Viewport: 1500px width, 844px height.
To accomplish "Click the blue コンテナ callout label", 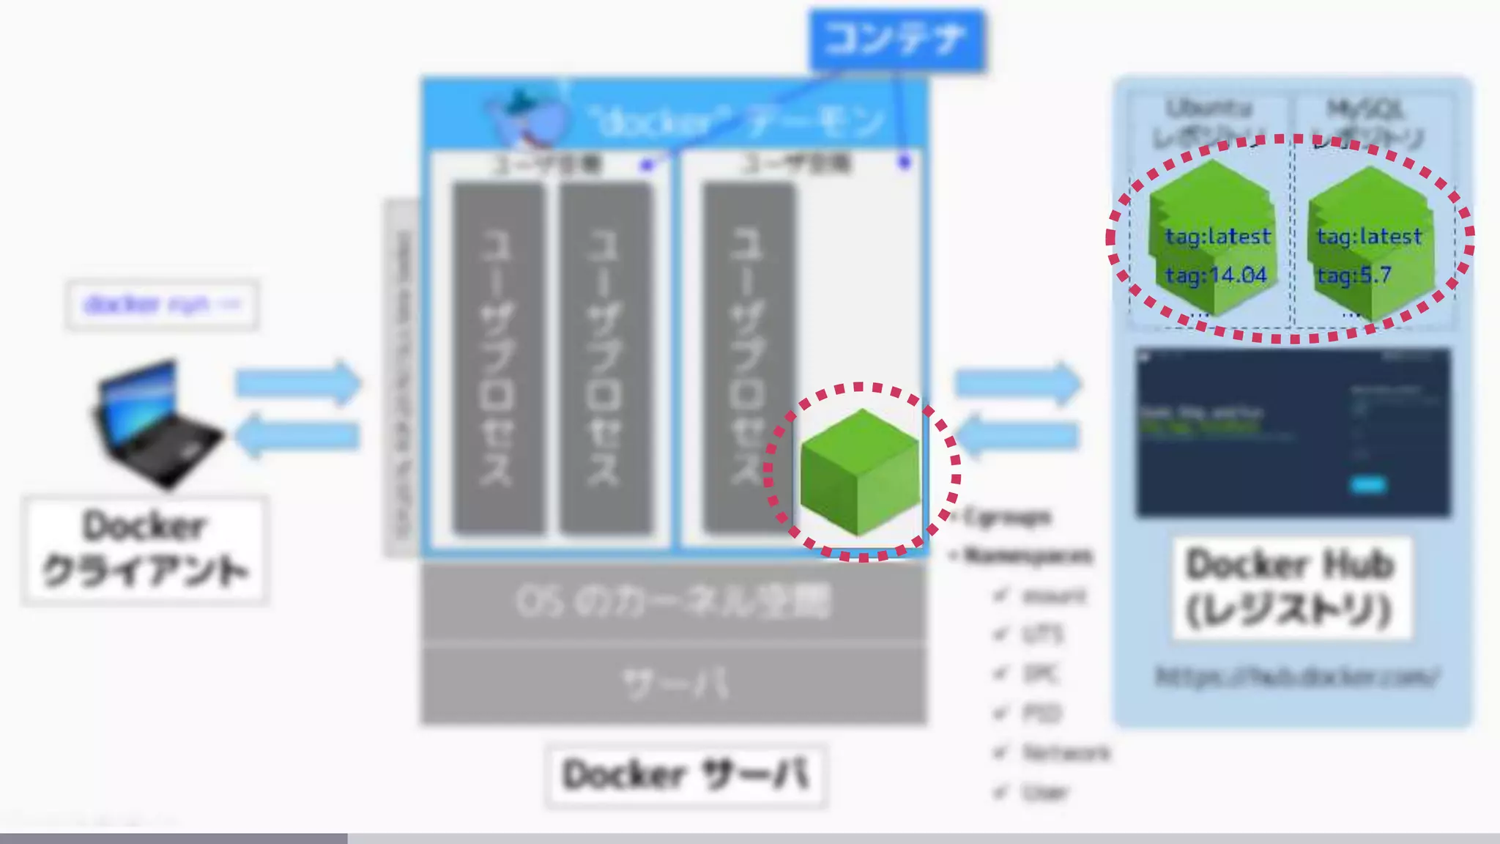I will click(x=896, y=40).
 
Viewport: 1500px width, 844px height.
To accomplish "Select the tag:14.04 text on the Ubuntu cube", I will click(x=1216, y=275).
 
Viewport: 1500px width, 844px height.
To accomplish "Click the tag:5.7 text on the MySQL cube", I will click(x=1354, y=275).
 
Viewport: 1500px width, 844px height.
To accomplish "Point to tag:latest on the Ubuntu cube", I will click(x=1217, y=237).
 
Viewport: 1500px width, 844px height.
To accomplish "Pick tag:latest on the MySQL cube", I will click(x=1369, y=237).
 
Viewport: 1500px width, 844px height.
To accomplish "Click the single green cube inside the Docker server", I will click(x=860, y=472).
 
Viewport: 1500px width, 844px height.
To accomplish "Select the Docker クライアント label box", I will click(x=145, y=549).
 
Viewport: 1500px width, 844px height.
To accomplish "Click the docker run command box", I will click(x=162, y=304).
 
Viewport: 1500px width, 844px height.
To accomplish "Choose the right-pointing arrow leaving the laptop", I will click(x=297, y=382).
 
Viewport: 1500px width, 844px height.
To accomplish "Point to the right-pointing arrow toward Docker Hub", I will click(x=1018, y=382).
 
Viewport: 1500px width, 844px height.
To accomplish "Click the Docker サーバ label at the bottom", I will click(x=686, y=775).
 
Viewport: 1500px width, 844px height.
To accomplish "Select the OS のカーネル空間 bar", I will click(x=673, y=602).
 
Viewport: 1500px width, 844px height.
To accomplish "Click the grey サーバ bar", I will click(x=673, y=684).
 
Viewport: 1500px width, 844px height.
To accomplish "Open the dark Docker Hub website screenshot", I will click(x=1293, y=432).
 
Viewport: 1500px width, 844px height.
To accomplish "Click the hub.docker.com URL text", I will click(x=1296, y=676).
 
